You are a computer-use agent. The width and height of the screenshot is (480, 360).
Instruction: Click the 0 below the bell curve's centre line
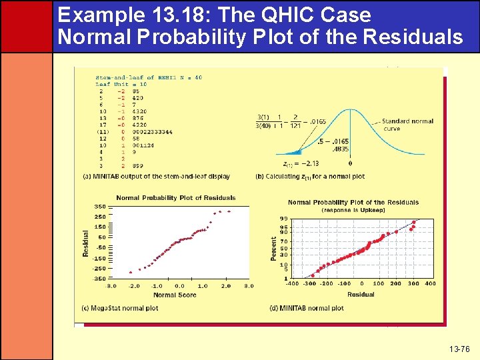[x=350, y=163]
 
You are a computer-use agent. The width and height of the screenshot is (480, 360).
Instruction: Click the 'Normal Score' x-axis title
[x=175, y=295]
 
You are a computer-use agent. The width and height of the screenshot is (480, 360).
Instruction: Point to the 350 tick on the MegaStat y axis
[x=100, y=207]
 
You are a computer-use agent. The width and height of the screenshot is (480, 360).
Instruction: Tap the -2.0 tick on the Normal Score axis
[x=134, y=286]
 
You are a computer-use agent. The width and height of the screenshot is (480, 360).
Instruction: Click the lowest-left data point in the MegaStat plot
[x=129, y=271]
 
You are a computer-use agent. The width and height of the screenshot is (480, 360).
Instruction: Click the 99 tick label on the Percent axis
[x=284, y=219]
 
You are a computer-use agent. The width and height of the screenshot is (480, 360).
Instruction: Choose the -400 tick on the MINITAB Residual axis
[x=293, y=283]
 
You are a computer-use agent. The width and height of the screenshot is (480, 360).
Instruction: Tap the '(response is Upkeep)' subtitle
[x=353, y=210]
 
